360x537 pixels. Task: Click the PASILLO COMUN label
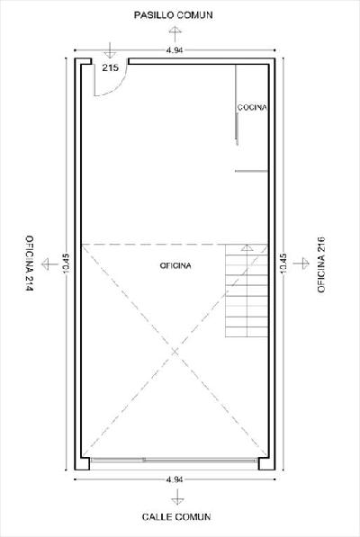point(173,15)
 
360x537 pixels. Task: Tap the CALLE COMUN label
point(176,517)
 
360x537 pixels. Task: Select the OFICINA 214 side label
point(30,263)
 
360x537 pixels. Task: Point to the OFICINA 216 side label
point(321,264)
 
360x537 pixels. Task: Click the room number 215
point(111,67)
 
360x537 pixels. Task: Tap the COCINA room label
point(252,107)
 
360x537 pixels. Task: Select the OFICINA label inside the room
point(175,265)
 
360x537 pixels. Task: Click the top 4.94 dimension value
point(175,50)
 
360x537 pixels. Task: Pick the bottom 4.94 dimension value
point(175,479)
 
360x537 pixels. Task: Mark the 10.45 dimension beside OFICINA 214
point(66,263)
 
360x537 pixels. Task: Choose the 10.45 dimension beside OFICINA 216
point(283,263)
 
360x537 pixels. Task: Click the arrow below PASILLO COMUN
point(175,33)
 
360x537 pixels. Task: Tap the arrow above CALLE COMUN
point(177,497)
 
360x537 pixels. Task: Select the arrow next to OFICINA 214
point(49,264)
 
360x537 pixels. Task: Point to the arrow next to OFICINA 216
point(301,264)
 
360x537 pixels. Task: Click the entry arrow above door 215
point(110,50)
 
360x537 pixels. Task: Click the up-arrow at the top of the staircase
point(247,247)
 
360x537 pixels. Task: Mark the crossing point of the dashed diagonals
point(175,351)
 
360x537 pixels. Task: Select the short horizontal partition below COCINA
point(251,171)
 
